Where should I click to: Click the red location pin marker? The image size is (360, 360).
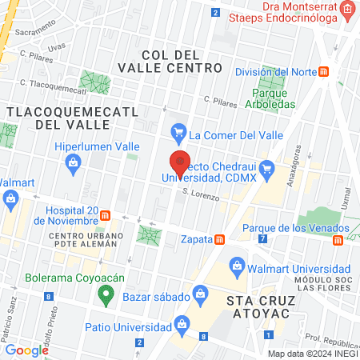180,162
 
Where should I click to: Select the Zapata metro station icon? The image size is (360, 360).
219,239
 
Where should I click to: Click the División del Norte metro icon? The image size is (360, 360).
324,71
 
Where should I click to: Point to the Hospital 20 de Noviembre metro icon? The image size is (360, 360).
105,216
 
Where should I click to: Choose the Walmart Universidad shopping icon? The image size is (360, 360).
236,265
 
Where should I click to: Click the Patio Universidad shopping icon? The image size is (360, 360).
182,324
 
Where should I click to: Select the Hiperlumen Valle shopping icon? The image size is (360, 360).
74,163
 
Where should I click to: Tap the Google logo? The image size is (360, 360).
27,350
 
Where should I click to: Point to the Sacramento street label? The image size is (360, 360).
34,33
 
